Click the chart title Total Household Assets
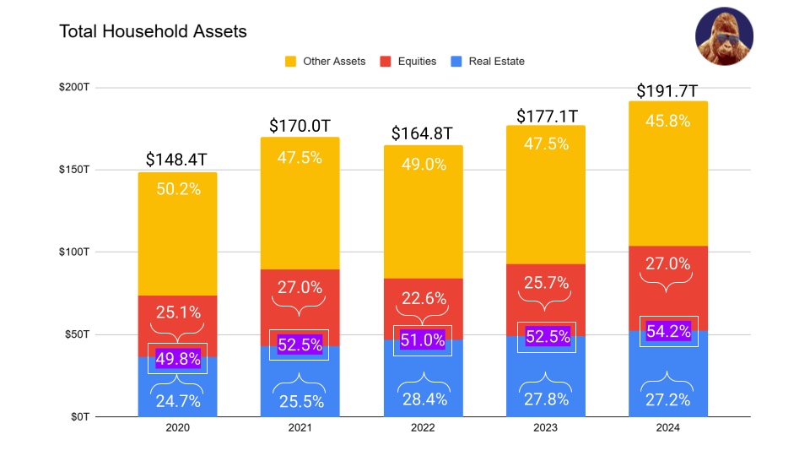[x=153, y=31]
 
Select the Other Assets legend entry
[x=325, y=61]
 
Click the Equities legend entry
[x=408, y=61]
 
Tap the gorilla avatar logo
[x=724, y=36]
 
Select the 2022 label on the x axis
[x=423, y=428]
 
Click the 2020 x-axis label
[x=177, y=428]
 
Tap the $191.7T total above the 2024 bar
[x=667, y=91]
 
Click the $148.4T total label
[x=177, y=160]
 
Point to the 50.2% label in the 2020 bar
[x=178, y=189]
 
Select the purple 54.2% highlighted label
[x=668, y=332]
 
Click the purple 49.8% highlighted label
[x=178, y=359]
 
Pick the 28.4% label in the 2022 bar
[x=424, y=399]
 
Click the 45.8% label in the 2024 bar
[x=668, y=121]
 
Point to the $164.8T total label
[x=423, y=134]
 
